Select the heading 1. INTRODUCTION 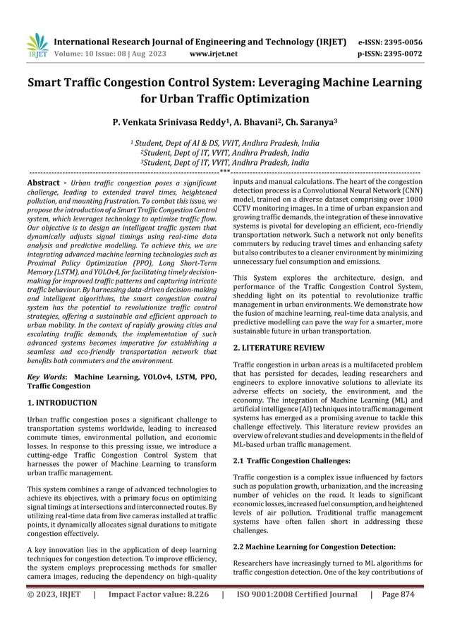coord(62,403)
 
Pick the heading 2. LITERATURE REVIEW coord(279,348)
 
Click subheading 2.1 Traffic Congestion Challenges coord(291,460)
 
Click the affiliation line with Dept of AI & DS coord(226,142)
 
